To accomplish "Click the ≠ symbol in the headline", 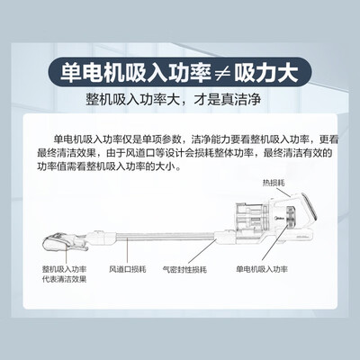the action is click(222, 73).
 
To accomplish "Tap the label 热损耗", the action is click(274, 183).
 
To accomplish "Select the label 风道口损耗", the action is click(128, 269).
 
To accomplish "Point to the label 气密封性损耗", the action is click(184, 269).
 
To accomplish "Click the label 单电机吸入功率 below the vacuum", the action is click(262, 269).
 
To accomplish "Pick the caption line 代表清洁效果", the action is click(65, 279).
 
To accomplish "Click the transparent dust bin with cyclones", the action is click(250, 218).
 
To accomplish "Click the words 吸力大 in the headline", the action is click(266, 73).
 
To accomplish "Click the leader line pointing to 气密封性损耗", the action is click(202, 251).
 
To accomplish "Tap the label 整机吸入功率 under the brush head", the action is click(65, 269).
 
